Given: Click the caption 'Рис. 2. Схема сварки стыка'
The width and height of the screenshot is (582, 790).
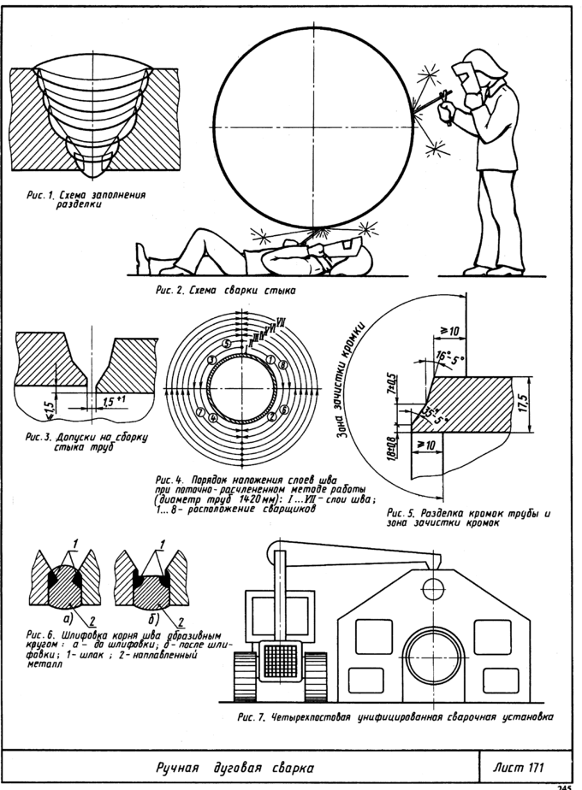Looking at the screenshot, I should tap(226, 291).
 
